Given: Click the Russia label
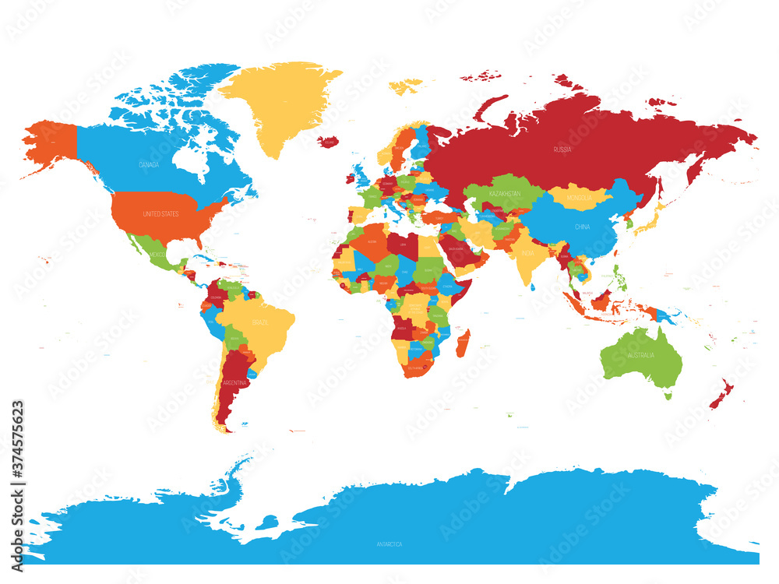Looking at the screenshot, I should coord(562,149).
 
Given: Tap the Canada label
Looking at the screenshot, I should coord(149,165).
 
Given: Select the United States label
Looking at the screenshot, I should coord(160,213).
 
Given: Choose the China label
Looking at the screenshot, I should coord(583,227).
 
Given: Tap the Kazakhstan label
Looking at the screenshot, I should coord(505,192).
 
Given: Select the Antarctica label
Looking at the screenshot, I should coord(387,544).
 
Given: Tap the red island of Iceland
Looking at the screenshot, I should coord(329,142).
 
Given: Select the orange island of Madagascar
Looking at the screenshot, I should coord(462,343).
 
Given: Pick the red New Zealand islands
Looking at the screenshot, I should coord(721,392).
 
